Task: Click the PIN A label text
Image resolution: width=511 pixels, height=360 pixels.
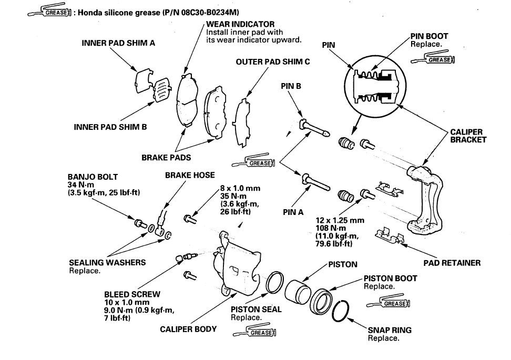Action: click(293, 212)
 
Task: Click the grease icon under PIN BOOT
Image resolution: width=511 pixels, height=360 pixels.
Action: click(438, 59)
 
